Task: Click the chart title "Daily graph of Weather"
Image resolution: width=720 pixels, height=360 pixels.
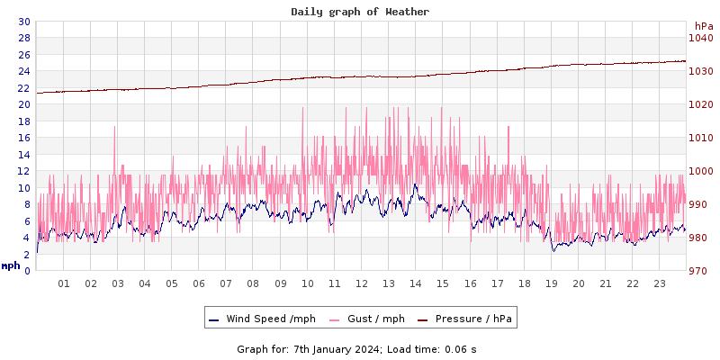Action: pos(360,12)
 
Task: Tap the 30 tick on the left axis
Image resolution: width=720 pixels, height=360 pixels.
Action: pos(23,22)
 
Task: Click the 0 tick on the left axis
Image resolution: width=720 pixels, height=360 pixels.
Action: pos(27,271)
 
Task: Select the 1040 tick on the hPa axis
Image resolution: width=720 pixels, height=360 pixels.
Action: pos(700,38)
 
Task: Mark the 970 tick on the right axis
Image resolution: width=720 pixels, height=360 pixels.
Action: pos(700,271)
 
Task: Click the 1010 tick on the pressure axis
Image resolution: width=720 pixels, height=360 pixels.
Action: pos(700,138)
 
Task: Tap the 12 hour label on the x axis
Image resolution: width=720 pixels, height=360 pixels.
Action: pos(362,283)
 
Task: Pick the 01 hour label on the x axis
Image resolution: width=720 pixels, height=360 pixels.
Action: pos(64,283)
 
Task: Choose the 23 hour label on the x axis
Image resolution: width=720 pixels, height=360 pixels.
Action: pos(660,283)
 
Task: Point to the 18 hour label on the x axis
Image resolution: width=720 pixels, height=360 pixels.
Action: pos(524,283)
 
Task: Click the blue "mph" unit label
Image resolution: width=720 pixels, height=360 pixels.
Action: pos(11,265)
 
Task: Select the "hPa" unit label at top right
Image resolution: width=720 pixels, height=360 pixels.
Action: pos(704,26)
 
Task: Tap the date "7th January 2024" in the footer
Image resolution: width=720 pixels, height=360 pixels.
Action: pos(337,349)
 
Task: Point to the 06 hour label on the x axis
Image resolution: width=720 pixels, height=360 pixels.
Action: pos(199,283)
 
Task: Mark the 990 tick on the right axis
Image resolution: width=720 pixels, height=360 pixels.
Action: pos(700,204)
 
